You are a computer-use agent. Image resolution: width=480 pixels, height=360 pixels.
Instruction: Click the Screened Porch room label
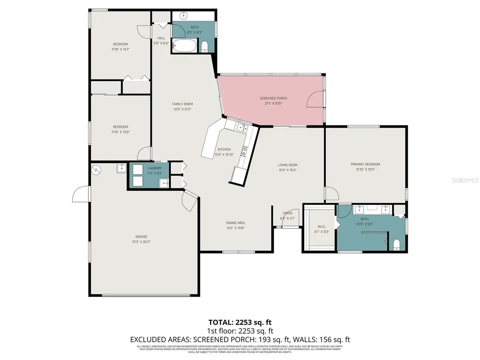(273, 98)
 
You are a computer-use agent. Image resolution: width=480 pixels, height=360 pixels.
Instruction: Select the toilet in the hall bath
(204, 46)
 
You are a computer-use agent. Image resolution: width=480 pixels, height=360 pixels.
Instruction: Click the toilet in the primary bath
(396, 244)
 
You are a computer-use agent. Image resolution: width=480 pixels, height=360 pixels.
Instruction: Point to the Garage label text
(142, 237)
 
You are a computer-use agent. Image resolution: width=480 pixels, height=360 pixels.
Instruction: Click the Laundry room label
(155, 168)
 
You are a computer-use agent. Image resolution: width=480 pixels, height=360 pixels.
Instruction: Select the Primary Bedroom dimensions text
(365, 170)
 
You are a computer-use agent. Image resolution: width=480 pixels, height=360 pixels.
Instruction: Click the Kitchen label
(223, 150)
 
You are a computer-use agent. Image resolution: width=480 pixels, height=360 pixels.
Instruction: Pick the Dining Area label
(235, 223)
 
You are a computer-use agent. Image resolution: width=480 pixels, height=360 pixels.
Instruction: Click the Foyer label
(287, 213)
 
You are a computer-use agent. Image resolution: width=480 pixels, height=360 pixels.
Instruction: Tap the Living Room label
(287, 165)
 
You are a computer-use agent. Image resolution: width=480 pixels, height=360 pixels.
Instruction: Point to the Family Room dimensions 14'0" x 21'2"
(183, 110)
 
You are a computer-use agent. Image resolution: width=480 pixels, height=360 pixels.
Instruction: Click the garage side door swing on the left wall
(81, 193)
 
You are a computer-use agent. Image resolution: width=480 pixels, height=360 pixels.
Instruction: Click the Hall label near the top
(161, 38)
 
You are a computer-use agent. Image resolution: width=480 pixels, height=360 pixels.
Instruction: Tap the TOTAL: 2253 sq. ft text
(240, 322)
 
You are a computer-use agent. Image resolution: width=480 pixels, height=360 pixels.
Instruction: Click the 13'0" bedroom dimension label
(120, 132)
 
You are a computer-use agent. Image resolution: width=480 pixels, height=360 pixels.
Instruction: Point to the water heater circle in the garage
(97, 170)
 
